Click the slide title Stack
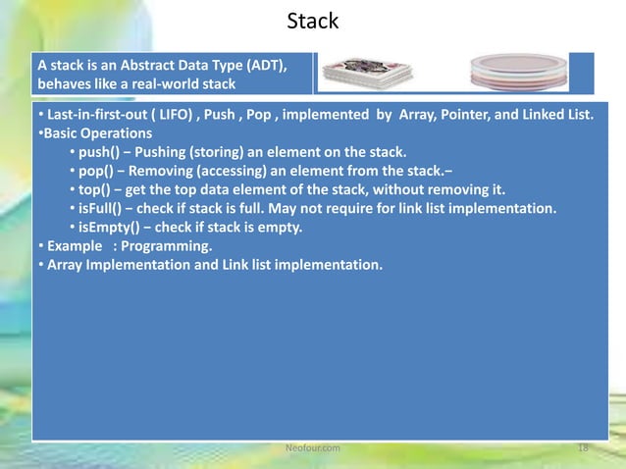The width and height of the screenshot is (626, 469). [x=312, y=21]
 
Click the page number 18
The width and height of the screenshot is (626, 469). [x=583, y=447]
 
